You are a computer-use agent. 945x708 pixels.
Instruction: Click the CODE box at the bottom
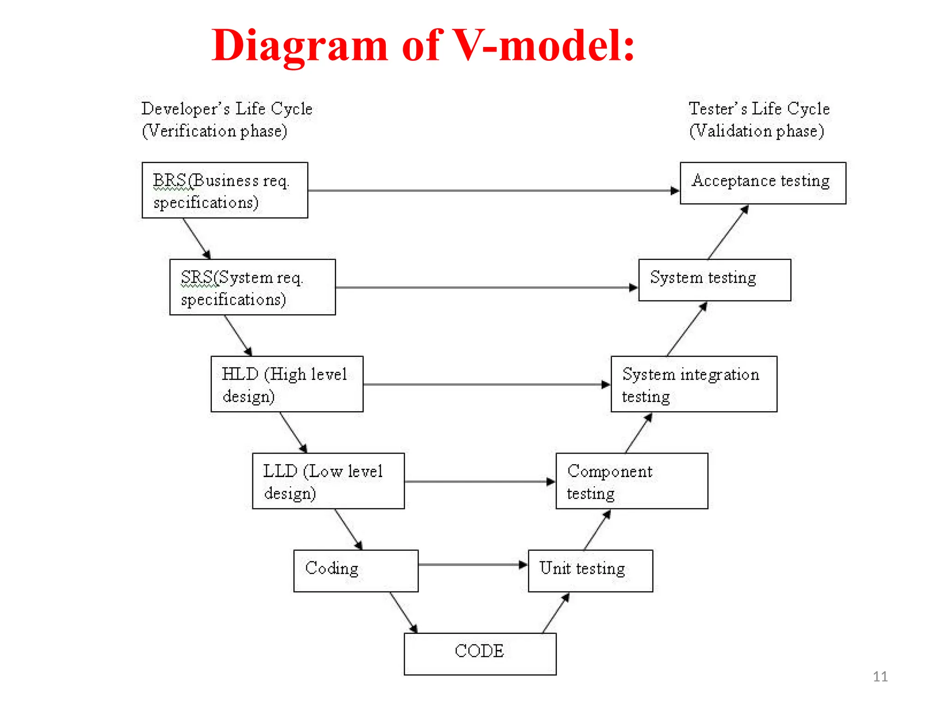(x=480, y=654)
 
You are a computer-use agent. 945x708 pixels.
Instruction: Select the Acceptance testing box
(x=763, y=183)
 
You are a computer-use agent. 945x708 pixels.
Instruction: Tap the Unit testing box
(x=590, y=571)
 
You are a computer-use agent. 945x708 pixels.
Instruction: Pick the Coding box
(x=356, y=571)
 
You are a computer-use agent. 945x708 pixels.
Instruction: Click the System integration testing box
(x=694, y=384)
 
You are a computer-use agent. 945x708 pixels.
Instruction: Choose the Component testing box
(x=632, y=481)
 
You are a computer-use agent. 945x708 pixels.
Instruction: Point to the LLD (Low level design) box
(x=328, y=481)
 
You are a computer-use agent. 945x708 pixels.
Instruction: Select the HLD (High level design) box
(x=287, y=384)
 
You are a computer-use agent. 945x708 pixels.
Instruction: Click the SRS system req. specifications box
(x=252, y=287)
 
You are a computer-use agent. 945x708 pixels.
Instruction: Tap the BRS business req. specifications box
(x=225, y=190)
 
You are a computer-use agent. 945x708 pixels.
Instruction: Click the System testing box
(x=714, y=280)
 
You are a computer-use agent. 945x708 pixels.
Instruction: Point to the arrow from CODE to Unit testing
(x=556, y=613)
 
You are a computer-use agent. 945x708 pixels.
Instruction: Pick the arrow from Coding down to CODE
(x=403, y=612)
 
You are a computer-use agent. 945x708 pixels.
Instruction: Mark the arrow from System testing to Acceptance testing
(x=728, y=233)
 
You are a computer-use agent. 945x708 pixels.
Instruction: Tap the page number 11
(x=880, y=677)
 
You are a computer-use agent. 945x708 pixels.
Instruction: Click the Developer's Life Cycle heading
(x=227, y=109)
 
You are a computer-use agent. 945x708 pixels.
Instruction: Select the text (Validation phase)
(x=756, y=131)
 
